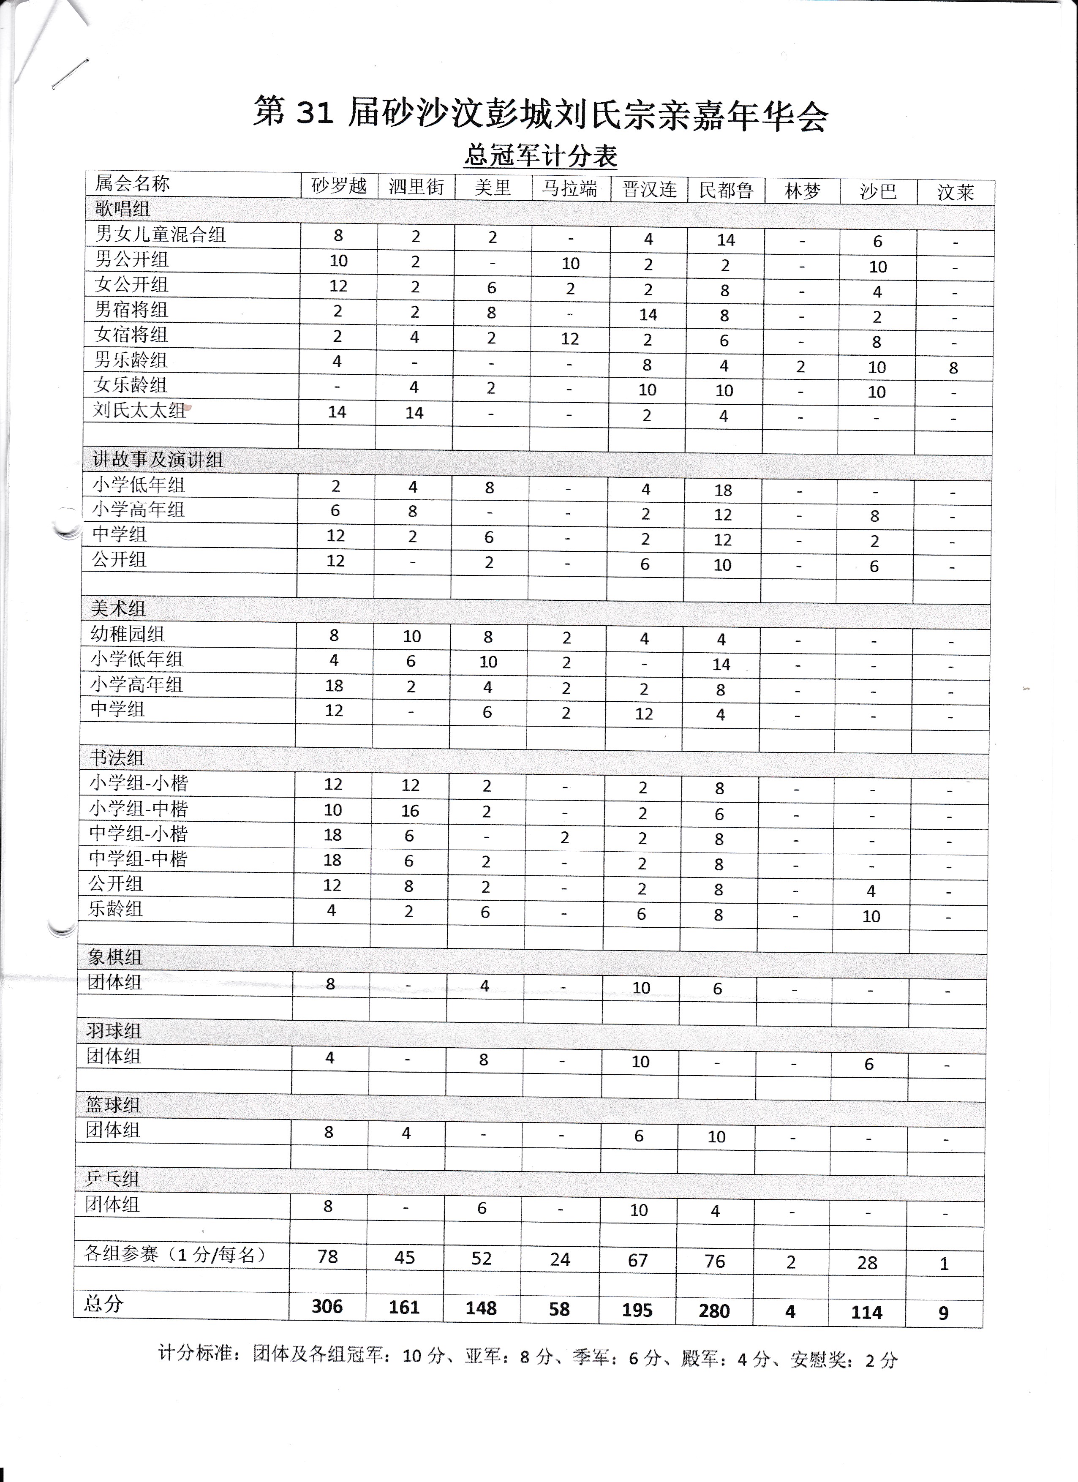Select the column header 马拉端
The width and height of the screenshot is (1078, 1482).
(x=570, y=189)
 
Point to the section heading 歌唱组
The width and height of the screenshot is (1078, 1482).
(x=123, y=209)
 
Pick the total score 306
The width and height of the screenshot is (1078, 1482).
(x=327, y=1306)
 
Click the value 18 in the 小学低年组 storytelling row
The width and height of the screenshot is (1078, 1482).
(x=723, y=490)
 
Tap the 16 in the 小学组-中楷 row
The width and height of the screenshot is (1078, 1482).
(x=410, y=811)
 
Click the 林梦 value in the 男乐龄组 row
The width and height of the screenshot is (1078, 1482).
(x=800, y=367)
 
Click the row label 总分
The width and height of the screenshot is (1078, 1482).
(x=103, y=1304)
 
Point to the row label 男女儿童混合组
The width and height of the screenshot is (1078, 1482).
(x=161, y=234)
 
